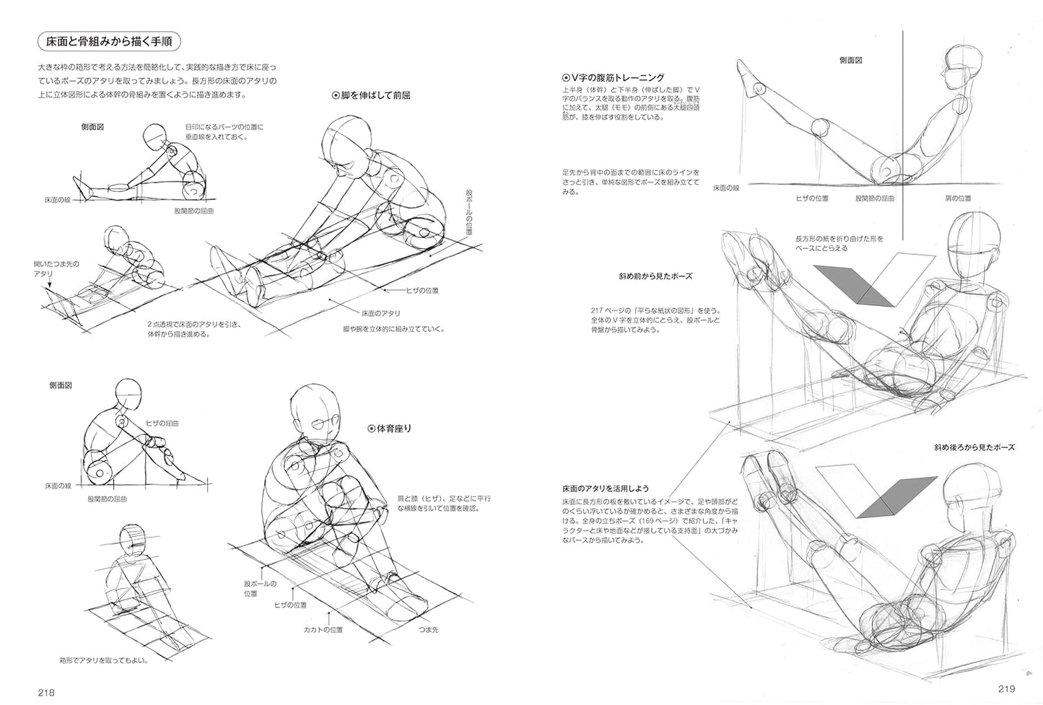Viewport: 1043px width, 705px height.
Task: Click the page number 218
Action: [47, 692]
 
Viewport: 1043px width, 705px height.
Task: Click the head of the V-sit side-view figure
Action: [964, 69]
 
